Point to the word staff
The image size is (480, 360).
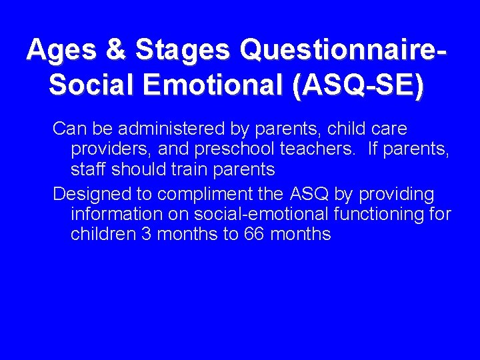(89, 169)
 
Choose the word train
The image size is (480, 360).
(190, 169)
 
